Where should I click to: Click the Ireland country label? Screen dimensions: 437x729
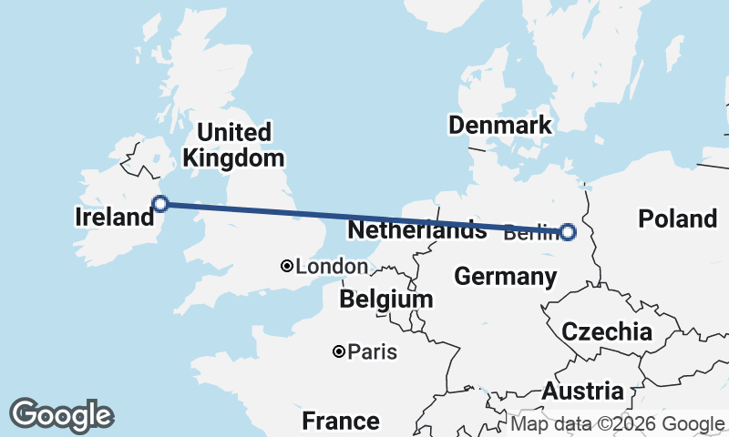pos(114,217)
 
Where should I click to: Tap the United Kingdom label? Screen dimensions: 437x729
pos(233,145)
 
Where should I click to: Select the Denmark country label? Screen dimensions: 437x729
pos(500,125)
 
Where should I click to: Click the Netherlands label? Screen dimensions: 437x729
pos(417,229)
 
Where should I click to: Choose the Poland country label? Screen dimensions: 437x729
pos(677,218)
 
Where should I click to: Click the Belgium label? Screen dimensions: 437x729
pos(385,299)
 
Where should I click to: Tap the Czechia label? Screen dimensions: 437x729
pos(607,331)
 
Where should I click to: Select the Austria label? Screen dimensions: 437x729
pos(583,391)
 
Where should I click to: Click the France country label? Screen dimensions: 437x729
pos(341,421)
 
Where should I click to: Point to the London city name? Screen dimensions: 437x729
pos(332,267)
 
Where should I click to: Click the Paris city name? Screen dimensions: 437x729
pos(372,351)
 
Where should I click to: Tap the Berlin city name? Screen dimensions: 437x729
pos(529,233)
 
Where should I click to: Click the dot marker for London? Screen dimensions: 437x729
pos(287,266)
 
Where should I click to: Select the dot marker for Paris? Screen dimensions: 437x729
pos(338,351)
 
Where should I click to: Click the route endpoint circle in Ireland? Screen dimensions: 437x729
pos(160,204)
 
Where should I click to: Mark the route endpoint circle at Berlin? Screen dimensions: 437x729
pos(568,232)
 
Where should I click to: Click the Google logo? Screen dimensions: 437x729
pos(61,415)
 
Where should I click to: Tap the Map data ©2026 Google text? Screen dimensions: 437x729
pos(617,424)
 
